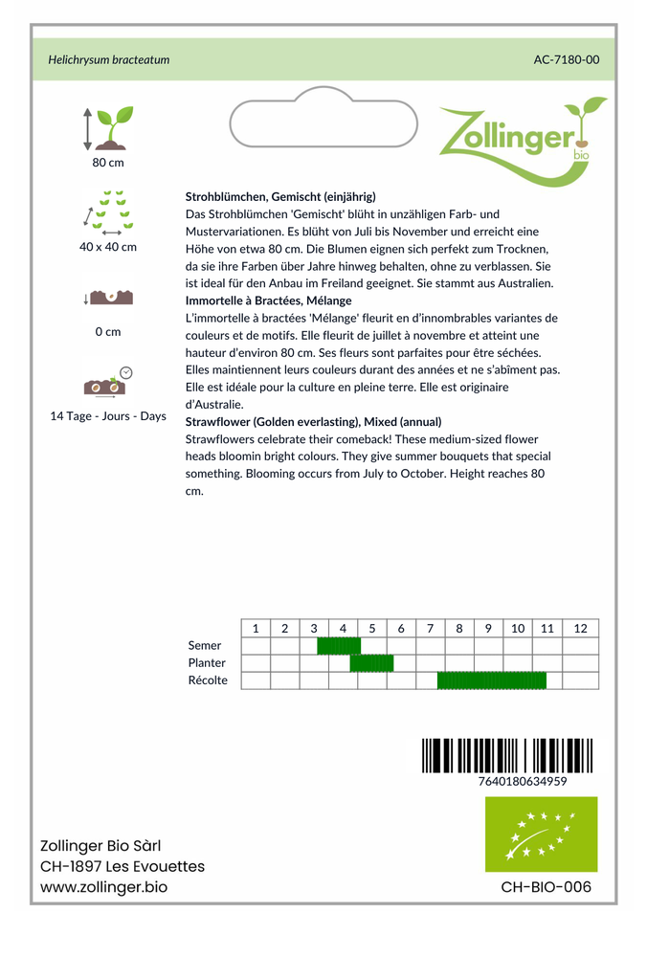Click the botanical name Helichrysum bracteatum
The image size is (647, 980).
(109, 59)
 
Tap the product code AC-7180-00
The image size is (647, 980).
(567, 59)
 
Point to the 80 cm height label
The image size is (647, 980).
(108, 162)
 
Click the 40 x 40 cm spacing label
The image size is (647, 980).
(108, 247)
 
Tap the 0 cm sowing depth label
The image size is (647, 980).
(108, 332)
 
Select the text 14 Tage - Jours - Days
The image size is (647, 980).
(108, 416)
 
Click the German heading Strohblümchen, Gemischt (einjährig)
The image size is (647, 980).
(280, 196)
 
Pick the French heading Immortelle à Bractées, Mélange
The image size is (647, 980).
(268, 301)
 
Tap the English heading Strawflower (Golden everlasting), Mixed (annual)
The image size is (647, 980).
(313, 421)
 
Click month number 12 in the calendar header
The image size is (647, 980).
(580, 629)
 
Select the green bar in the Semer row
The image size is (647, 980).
(339, 646)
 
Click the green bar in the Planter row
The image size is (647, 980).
(371, 663)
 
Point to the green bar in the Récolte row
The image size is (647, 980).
(492, 680)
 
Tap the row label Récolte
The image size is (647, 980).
(208, 680)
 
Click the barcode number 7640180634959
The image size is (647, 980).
(522, 781)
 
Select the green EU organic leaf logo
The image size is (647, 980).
(541, 835)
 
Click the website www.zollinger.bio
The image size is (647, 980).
(104, 887)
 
